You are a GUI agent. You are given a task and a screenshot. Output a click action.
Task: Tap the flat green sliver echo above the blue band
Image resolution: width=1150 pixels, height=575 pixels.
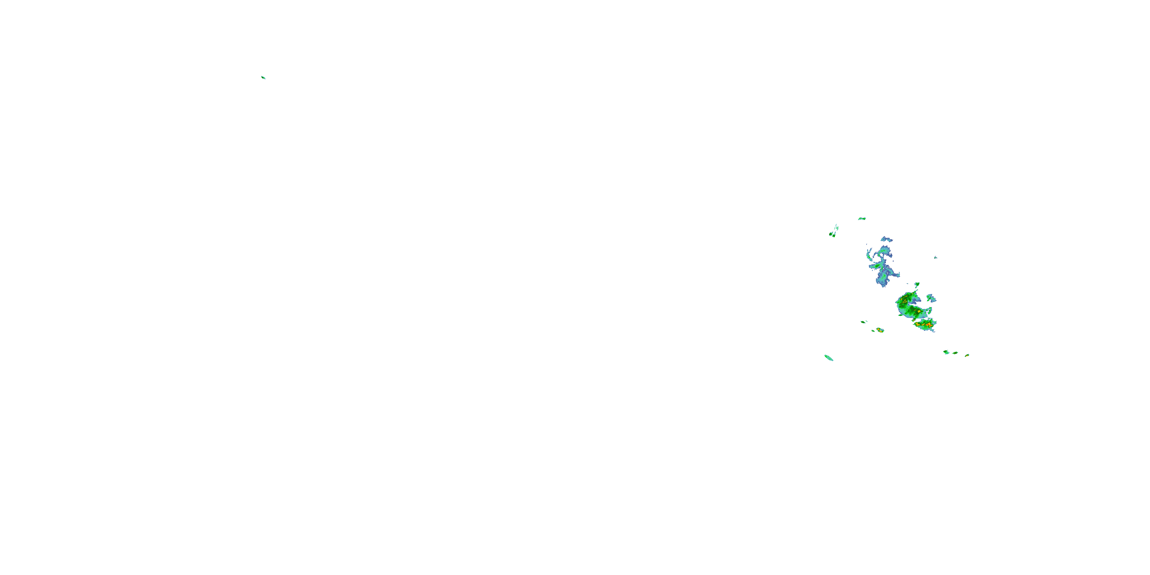[x=862, y=219]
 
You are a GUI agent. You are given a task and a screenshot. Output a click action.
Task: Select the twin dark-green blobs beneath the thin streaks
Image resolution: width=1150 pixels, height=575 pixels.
[x=832, y=234]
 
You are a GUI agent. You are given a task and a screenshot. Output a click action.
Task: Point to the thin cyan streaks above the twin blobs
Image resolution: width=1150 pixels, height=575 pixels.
[x=836, y=227]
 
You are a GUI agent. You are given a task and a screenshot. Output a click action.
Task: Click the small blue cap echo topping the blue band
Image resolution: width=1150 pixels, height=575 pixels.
[x=886, y=239]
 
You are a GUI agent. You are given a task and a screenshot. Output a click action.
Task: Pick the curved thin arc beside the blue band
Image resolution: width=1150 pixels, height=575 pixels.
[x=869, y=255]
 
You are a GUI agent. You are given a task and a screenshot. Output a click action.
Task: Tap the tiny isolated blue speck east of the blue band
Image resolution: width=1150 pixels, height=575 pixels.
[x=935, y=258]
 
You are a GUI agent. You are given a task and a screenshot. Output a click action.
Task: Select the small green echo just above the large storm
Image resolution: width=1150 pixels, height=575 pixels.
[x=917, y=284]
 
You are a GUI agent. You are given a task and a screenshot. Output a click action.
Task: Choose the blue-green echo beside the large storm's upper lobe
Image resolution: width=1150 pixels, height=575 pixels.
[x=931, y=298]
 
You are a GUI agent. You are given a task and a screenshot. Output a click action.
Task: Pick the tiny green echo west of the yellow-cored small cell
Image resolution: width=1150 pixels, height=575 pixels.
[x=863, y=322]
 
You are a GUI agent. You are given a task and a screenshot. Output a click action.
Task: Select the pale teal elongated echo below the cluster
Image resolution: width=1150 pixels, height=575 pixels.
[x=828, y=358]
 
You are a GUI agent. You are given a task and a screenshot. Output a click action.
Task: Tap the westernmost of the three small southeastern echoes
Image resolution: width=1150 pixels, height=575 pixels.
[x=946, y=352]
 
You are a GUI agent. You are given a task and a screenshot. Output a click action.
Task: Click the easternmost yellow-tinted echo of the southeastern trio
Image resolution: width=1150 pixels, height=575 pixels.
[x=967, y=355]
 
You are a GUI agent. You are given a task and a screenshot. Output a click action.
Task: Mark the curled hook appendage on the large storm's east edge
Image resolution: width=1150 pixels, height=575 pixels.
[x=929, y=310]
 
